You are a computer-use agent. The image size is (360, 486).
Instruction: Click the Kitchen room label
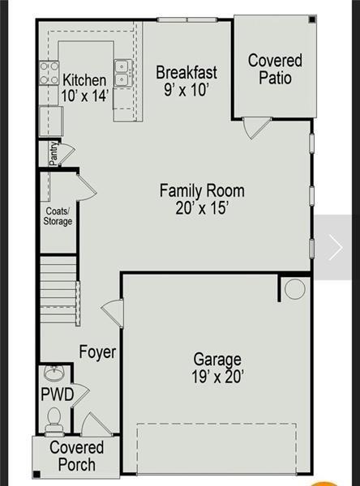tap(84, 80)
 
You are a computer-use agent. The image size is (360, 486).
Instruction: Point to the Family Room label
tap(201, 191)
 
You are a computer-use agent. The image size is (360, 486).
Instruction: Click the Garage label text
tap(216, 359)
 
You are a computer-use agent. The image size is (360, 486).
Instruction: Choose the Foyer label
tap(97, 352)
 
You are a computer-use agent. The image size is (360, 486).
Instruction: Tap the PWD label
tap(57, 394)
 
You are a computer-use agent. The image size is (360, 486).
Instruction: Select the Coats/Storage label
tap(58, 216)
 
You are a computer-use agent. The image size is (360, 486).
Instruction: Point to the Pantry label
tap(53, 154)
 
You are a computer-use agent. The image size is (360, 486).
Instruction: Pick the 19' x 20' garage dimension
tap(216, 376)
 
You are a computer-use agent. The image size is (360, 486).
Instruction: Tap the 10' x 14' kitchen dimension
tap(84, 95)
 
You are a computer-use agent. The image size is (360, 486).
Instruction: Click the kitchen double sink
tap(122, 74)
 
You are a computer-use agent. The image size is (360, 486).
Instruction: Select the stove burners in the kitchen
tap(49, 74)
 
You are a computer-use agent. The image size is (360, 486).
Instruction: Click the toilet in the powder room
tap(54, 418)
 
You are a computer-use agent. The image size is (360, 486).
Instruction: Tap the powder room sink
tap(54, 374)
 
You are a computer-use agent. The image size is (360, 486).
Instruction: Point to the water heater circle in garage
tap(294, 289)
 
